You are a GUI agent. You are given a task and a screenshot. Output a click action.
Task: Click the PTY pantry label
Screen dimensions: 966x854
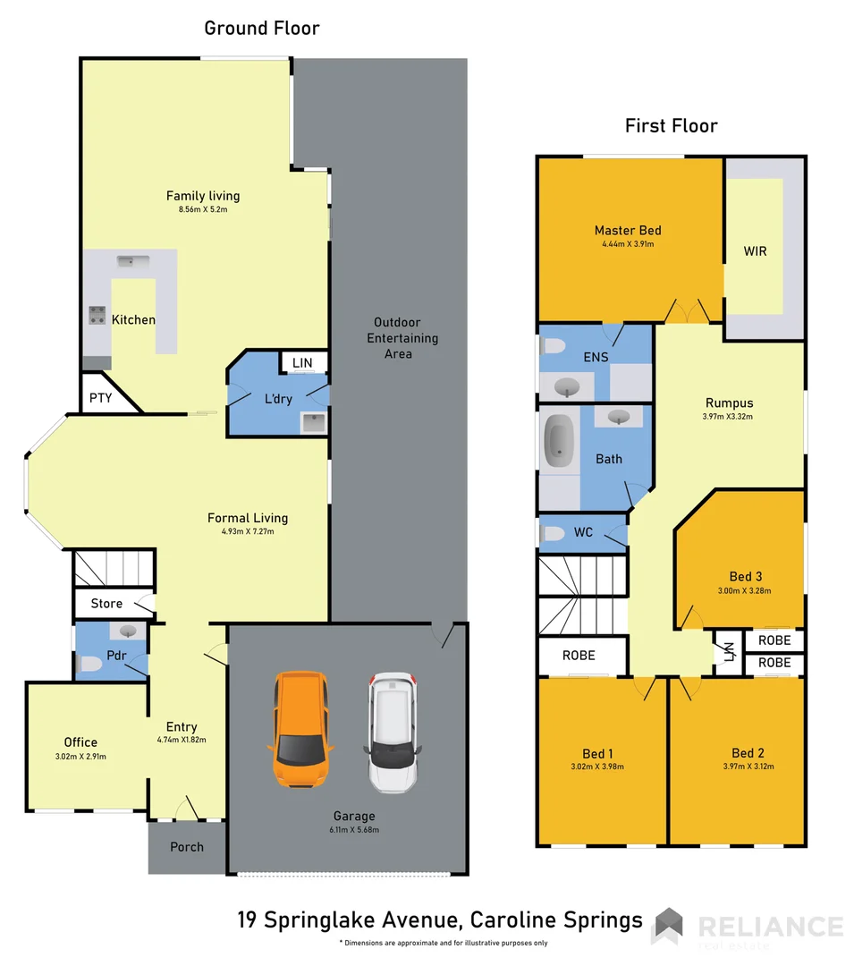click(x=101, y=398)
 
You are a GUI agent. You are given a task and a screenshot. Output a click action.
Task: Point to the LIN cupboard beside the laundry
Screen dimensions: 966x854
click(x=303, y=362)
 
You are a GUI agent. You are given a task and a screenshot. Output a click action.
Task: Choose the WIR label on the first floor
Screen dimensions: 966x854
click(x=755, y=251)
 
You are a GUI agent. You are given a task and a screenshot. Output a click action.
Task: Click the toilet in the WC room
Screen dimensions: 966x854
click(x=554, y=534)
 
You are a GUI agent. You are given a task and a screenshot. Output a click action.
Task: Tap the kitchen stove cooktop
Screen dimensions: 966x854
click(x=97, y=315)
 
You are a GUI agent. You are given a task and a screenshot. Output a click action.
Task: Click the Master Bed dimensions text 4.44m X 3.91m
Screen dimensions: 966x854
click(x=628, y=243)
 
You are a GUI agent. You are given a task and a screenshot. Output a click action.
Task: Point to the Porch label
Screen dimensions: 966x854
click(x=187, y=847)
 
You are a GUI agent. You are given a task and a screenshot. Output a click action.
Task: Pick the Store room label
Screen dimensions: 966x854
click(x=106, y=604)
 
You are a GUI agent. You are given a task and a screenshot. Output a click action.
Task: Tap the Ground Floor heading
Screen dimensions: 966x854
click(x=261, y=28)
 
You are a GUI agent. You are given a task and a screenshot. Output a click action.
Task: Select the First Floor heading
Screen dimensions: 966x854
click(x=671, y=126)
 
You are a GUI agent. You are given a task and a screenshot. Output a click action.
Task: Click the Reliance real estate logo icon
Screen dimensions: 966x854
click(x=667, y=925)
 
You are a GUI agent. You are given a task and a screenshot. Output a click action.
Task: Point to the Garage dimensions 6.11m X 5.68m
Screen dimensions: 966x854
click(x=354, y=829)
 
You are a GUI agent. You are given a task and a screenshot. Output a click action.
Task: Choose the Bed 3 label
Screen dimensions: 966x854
click(x=745, y=576)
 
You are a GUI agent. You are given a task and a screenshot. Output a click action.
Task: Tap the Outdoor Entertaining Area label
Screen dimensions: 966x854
click(x=398, y=338)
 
